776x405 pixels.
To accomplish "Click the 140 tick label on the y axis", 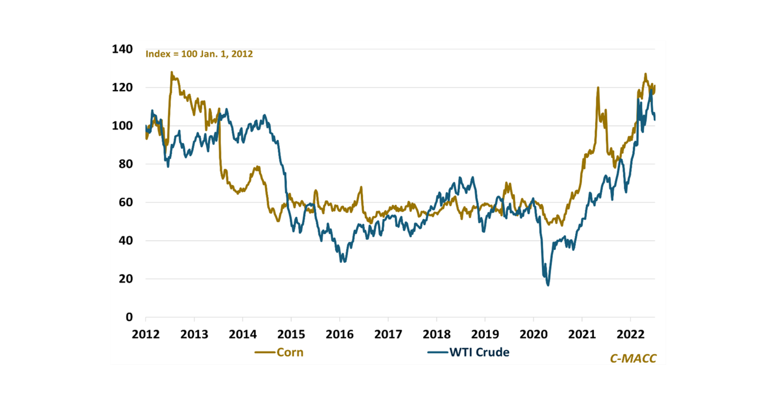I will tap(122, 49).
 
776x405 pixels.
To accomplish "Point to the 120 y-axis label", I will tap(122, 88).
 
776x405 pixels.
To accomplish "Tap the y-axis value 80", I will tap(126, 164).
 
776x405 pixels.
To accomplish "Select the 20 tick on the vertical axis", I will tap(126, 279).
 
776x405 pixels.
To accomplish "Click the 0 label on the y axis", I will tap(129, 317).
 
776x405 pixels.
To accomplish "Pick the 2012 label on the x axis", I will tap(145, 334).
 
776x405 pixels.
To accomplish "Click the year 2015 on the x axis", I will tap(291, 334).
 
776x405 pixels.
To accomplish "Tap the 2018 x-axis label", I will tap(436, 334).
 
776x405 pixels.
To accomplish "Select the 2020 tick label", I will tap(533, 334).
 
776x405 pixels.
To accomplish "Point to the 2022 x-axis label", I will tap(630, 334).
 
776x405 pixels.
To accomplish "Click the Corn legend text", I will tap(290, 352).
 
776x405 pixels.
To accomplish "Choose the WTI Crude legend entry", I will tap(479, 352).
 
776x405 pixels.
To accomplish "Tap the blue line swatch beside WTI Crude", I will tap(438, 352).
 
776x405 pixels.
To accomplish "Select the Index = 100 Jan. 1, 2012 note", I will tap(199, 54).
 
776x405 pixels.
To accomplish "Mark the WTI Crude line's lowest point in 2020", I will tap(548, 285).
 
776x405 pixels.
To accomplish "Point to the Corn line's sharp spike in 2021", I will tap(598, 88).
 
